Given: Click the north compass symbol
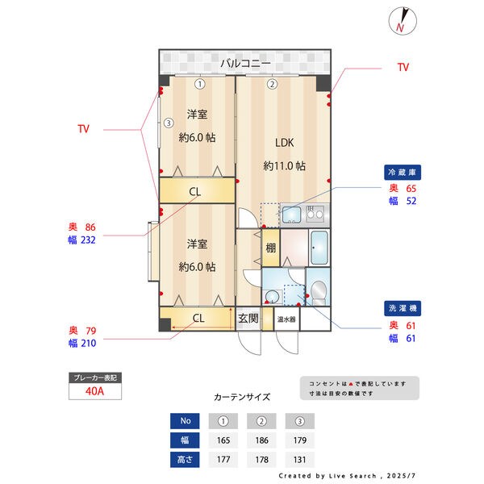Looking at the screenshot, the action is tap(403, 21).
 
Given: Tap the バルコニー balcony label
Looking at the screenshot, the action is tap(245, 63).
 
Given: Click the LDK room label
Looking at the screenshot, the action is tap(284, 143).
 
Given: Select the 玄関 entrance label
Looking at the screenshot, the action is tap(248, 319).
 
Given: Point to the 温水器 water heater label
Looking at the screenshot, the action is tap(286, 319).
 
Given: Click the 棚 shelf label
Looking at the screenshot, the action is tap(271, 248).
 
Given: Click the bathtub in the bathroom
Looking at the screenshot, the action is tap(319, 248).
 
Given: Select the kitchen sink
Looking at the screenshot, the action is tap(291, 215).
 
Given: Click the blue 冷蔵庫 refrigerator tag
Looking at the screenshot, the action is tap(403, 173).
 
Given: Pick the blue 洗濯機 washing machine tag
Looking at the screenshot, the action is tap(403, 308).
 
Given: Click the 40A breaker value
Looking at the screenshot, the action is tap(94, 391).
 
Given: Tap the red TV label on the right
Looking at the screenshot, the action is tap(403, 67).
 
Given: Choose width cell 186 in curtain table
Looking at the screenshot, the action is tap(261, 440).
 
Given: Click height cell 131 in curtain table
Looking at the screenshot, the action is tap(300, 460).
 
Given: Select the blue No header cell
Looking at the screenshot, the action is tap(185, 421).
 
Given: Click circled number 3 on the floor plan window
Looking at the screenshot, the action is tap(169, 123).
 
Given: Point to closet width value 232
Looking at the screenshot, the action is tap(88, 240).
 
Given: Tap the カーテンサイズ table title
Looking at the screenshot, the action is tap(242, 397).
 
